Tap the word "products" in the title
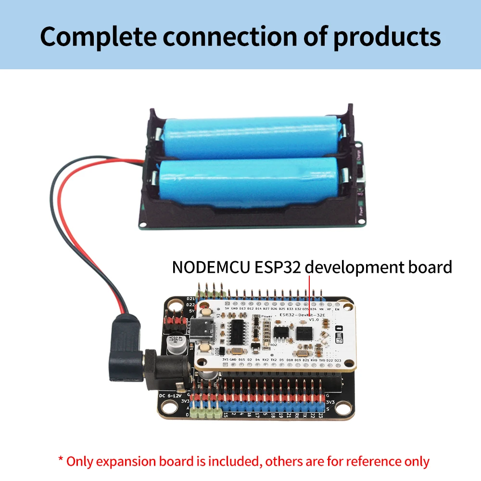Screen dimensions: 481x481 387,37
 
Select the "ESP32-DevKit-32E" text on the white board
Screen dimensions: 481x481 303,315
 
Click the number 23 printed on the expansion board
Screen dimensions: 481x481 320,415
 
